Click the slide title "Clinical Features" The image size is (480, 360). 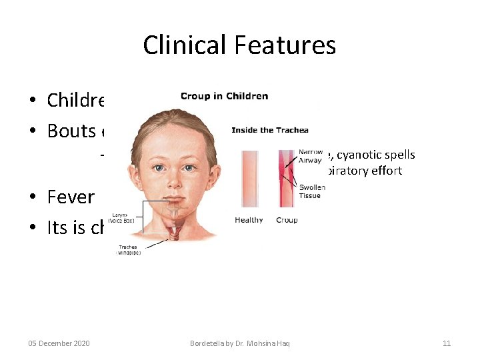point(239,45)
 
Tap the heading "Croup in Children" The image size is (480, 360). point(224,96)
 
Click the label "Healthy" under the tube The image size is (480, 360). point(249,220)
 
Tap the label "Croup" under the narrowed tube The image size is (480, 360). point(287,220)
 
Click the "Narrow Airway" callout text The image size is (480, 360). point(311,155)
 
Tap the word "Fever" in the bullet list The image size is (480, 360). point(71,197)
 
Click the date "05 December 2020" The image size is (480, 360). point(59,343)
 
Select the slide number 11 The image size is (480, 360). point(447,343)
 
